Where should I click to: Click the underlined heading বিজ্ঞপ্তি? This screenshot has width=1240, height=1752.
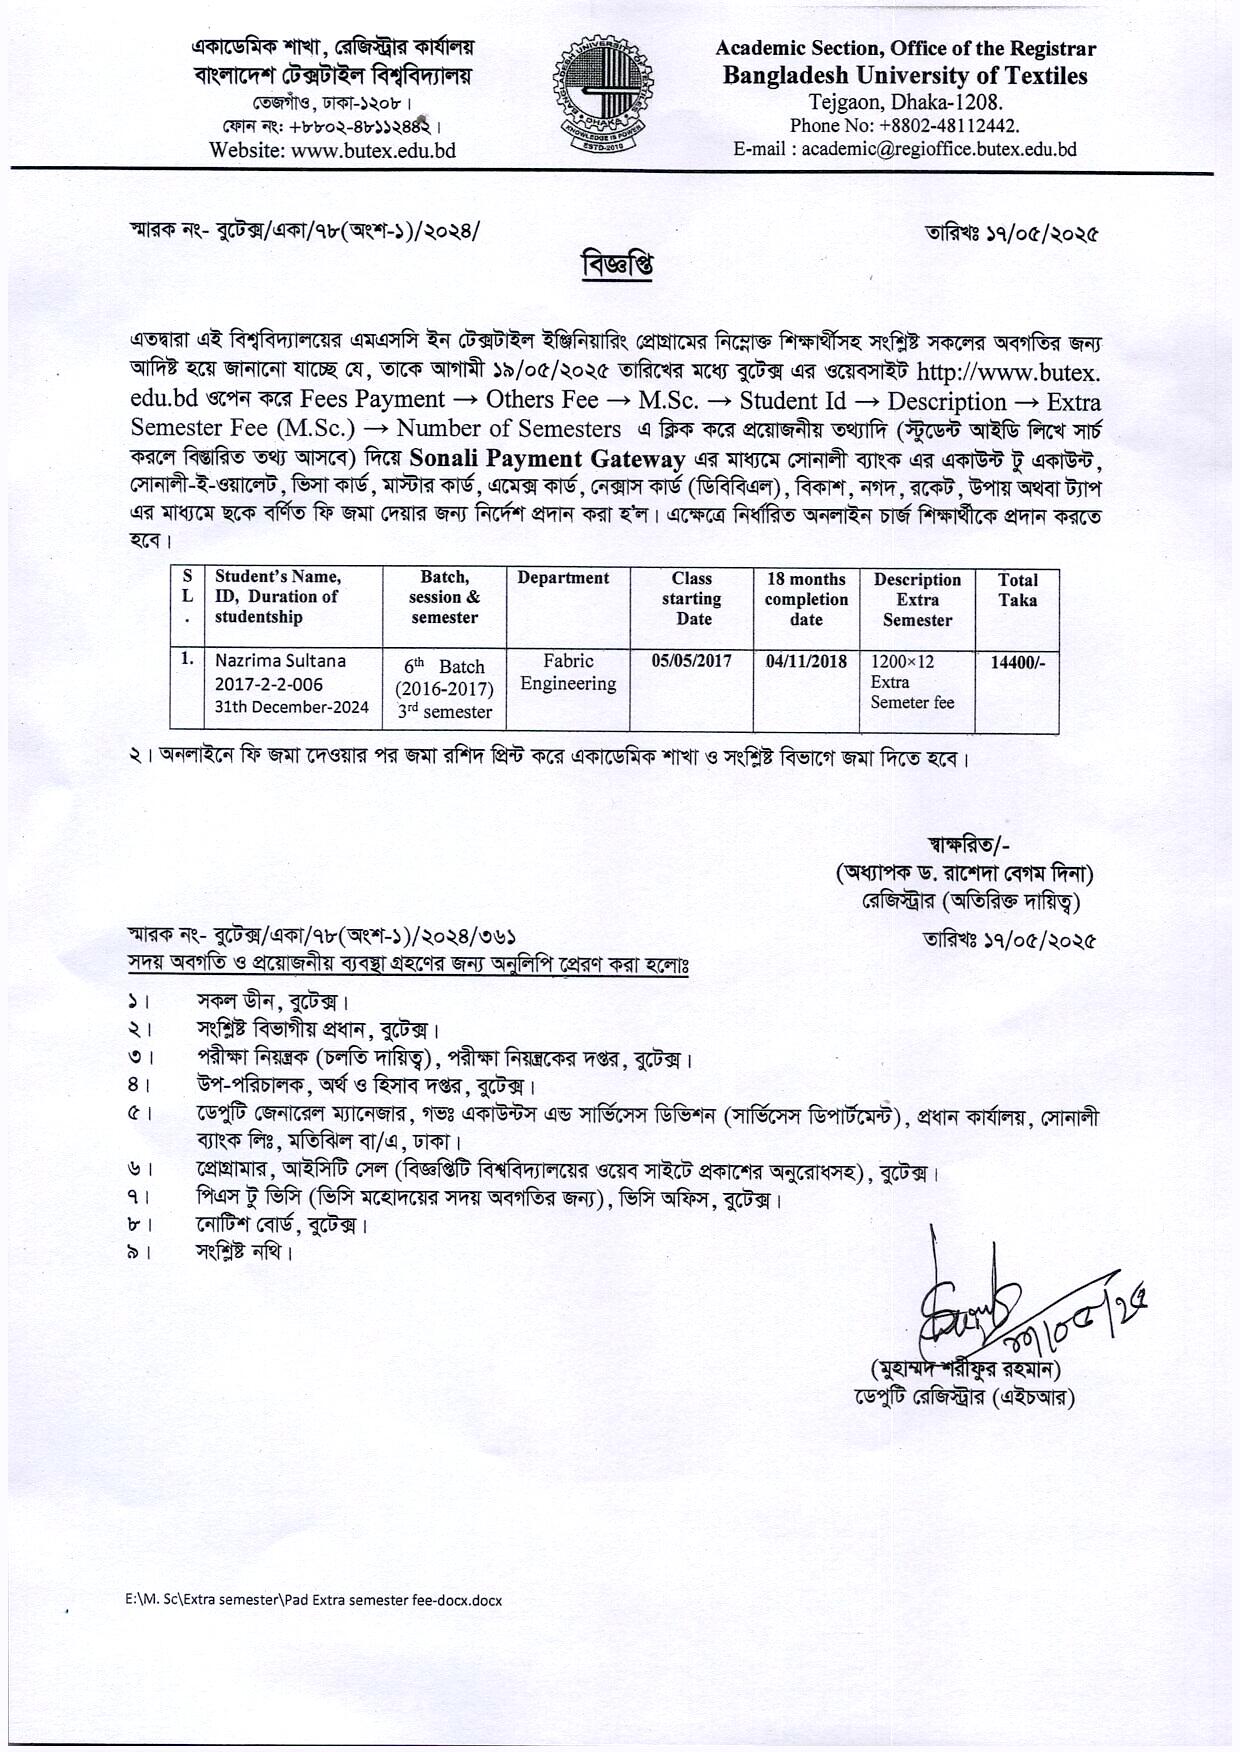[x=618, y=267]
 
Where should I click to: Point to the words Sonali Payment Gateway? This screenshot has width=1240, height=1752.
[x=547, y=459]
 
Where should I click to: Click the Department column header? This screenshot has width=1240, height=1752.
[x=563, y=578]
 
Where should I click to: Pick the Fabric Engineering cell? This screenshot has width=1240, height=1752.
[x=568, y=673]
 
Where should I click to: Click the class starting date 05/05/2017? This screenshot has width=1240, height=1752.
[x=691, y=661]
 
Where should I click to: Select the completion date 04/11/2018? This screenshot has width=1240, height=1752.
[x=806, y=661]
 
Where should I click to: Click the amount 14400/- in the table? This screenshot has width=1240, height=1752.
[x=1017, y=661]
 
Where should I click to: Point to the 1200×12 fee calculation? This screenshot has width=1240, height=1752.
[x=902, y=661]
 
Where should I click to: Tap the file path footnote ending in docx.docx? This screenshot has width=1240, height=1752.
[x=307, y=1599]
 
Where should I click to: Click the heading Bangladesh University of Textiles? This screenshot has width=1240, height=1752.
[x=905, y=76]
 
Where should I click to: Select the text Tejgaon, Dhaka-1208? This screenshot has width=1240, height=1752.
[x=905, y=102]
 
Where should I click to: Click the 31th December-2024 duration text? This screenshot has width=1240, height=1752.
[x=292, y=707]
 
